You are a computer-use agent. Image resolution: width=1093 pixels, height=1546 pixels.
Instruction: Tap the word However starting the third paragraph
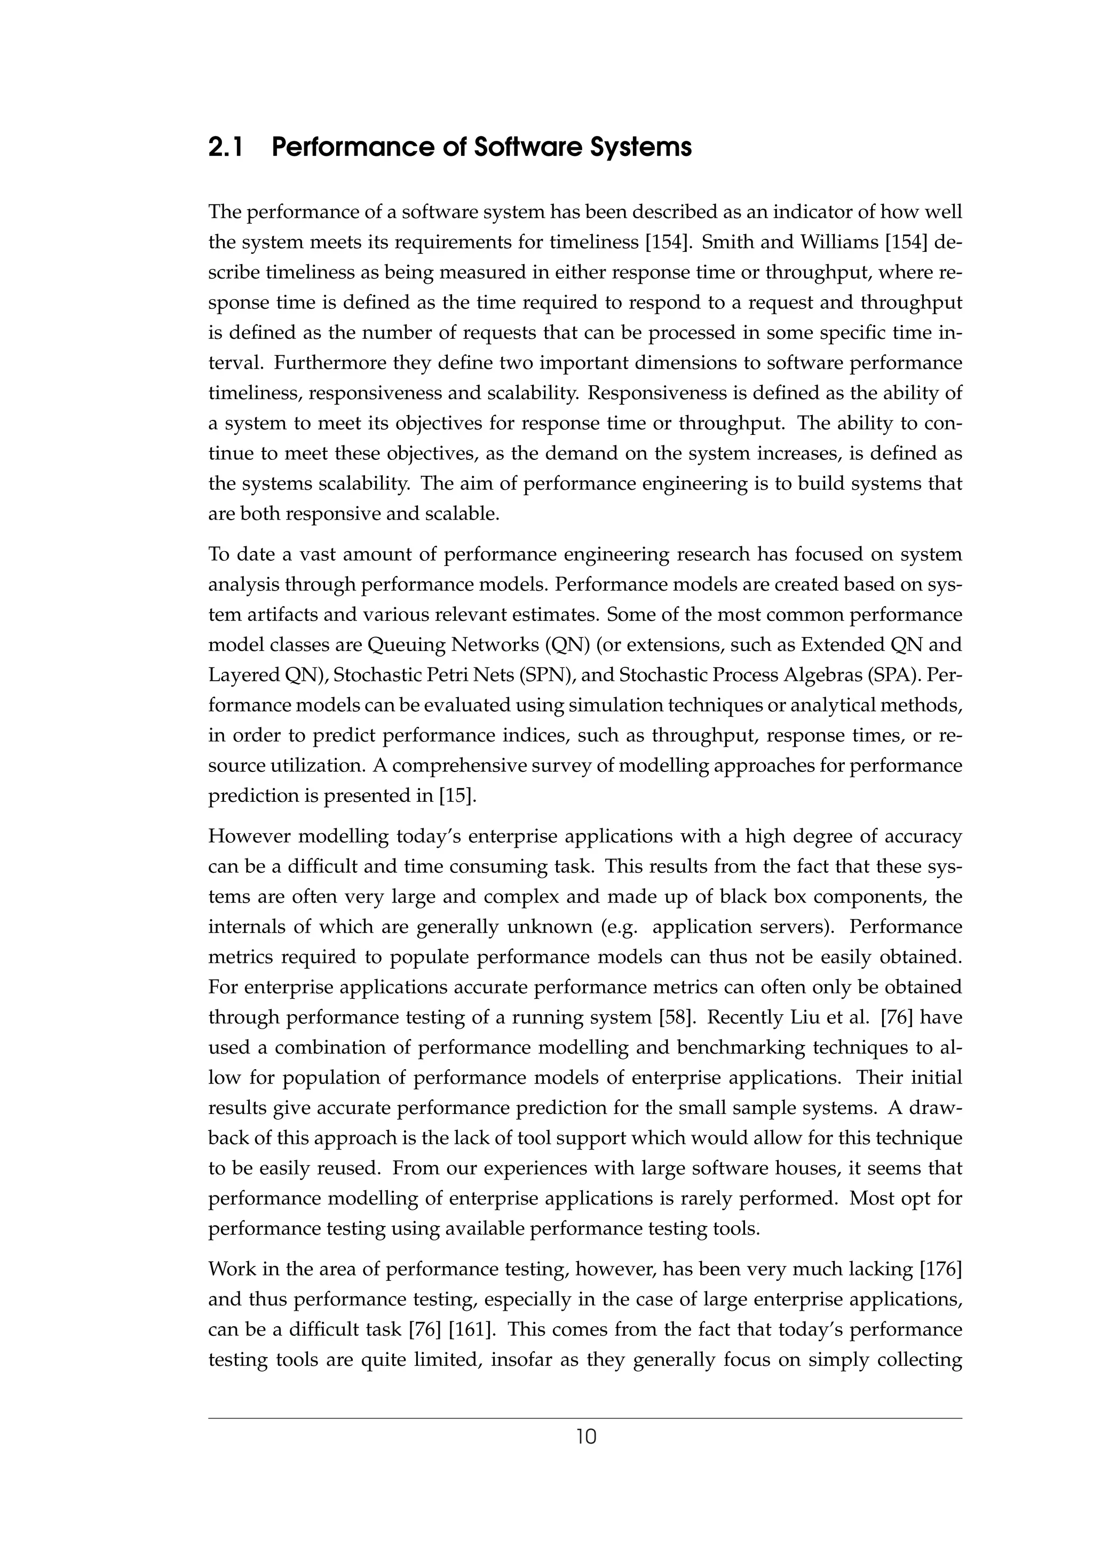pos(247,836)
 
